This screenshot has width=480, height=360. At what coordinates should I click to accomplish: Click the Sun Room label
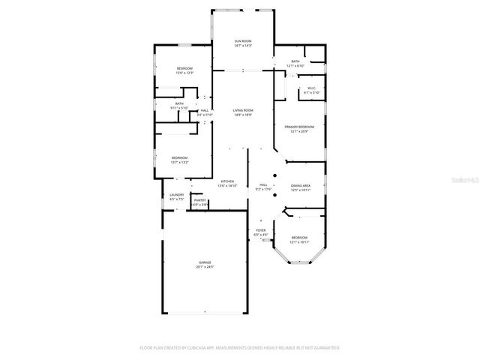(242, 40)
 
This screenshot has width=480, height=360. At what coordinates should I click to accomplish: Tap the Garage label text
(204, 262)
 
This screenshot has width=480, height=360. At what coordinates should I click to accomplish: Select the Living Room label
(242, 109)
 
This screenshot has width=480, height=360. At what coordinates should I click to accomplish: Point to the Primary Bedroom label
(299, 127)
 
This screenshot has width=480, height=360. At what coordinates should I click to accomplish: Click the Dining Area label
(301, 185)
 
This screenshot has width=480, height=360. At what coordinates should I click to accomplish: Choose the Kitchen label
(227, 181)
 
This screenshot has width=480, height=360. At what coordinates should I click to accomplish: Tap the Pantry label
(199, 199)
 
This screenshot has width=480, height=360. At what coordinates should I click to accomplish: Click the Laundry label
(176, 195)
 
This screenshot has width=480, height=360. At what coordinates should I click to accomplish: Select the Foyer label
(261, 231)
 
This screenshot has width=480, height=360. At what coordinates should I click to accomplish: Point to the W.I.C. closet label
(312, 88)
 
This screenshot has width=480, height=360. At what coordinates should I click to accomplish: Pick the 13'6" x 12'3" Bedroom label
(184, 68)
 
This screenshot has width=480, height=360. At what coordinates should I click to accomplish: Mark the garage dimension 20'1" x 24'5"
(204, 267)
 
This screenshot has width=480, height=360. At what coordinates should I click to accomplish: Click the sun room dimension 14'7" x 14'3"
(242, 46)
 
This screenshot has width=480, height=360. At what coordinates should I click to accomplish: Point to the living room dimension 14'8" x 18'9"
(242, 115)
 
